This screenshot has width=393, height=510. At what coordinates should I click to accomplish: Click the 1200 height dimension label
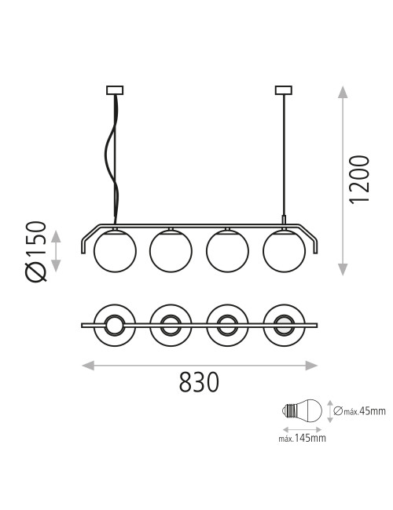tap(359, 180)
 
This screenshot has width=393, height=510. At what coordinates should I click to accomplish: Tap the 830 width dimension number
tap(199, 382)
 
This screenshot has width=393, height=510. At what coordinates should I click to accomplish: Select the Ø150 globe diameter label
tap(35, 251)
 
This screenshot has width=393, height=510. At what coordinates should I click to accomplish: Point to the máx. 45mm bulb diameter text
tap(360, 411)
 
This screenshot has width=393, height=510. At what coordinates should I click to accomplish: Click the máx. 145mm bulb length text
tap(302, 438)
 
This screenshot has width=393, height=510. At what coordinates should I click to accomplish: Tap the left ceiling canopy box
tap(115, 90)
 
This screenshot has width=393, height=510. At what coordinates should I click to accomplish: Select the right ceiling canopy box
tap(284, 90)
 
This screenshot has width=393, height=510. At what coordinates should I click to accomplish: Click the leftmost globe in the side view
tap(115, 251)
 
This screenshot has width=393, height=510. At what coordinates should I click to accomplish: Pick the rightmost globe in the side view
tap(285, 251)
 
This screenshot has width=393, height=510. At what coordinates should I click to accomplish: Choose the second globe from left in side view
tap(171, 251)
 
